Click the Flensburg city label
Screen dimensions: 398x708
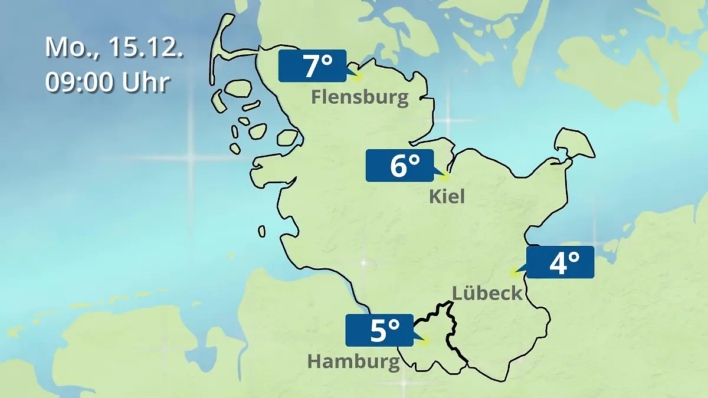pos(360,97)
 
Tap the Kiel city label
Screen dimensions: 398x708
pos(447,196)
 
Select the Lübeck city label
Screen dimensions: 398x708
pos(487,292)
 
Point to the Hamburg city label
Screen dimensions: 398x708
pos(353,361)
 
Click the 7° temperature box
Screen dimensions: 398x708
pos(312,66)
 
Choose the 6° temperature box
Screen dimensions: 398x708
pos(399,166)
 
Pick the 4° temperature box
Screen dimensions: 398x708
pos(560,262)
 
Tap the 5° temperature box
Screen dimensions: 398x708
pos(379,330)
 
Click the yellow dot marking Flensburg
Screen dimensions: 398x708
pos(357,76)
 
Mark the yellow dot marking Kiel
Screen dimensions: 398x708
pos(445,176)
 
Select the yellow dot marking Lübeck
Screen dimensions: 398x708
pos(514,272)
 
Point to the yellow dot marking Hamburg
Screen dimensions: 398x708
pos(425,340)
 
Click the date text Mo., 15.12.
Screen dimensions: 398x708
pos(114,48)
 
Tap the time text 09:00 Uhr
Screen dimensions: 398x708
pos(107,83)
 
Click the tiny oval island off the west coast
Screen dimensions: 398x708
pos(261,232)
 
